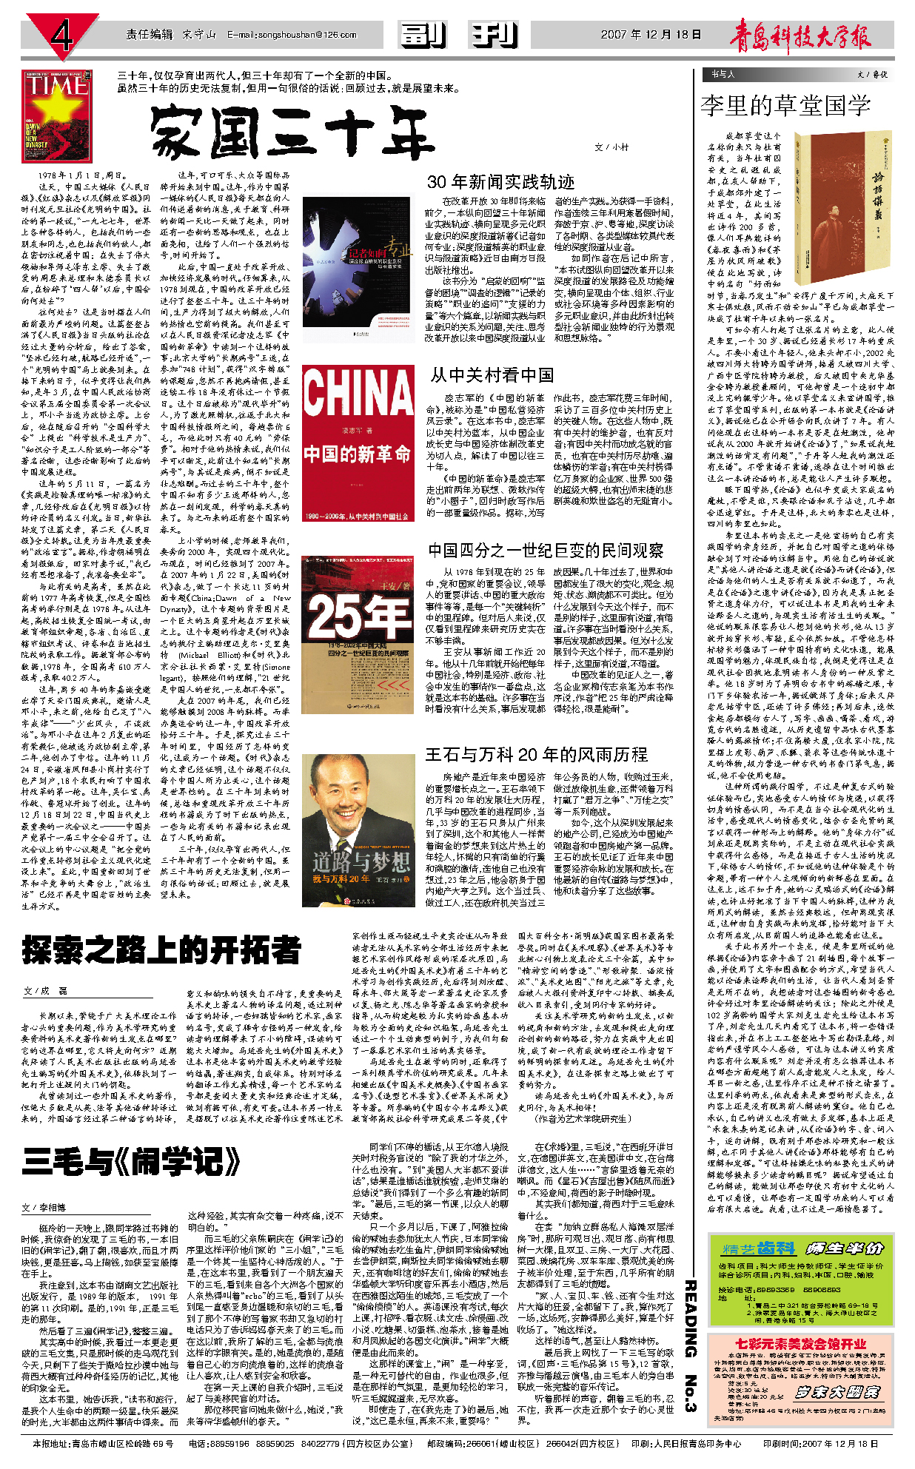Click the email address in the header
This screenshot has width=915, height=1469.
[x=292, y=35]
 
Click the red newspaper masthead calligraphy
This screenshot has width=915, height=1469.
[x=800, y=35]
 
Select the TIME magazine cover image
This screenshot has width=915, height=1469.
[x=47, y=115]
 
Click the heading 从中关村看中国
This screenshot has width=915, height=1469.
[x=492, y=375]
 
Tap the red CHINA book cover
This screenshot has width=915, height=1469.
[x=358, y=443]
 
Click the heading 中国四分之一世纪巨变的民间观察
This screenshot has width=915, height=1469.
[x=546, y=550]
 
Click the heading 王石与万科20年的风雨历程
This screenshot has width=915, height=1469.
[x=536, y=754]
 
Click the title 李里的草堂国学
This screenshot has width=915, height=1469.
[x=785, y=105]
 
